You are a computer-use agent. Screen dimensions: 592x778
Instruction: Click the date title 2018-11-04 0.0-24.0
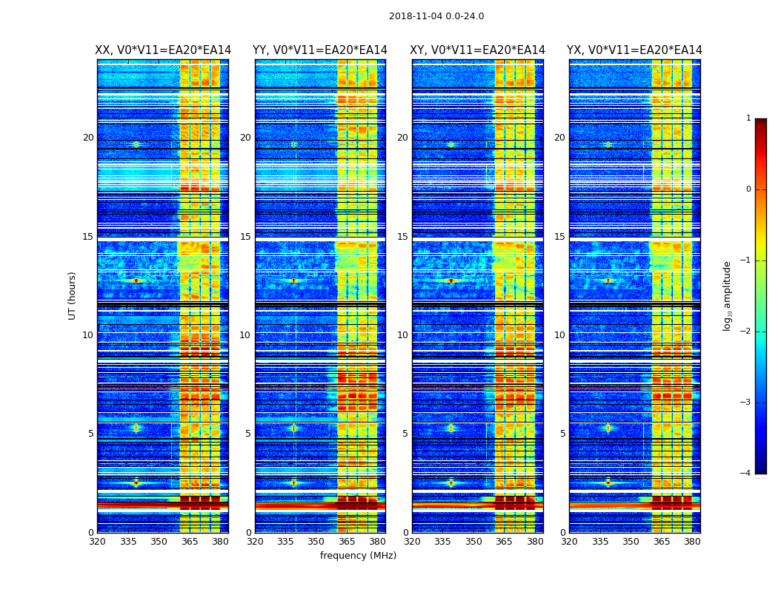click(x=436, y=16)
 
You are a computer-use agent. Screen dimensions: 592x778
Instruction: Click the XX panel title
click(x=163, y=50)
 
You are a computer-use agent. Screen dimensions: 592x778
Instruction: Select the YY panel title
click(x=320, y=50)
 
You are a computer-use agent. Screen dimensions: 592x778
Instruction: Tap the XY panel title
click(x=478, y=50)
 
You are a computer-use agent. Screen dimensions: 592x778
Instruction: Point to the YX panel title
click(x=634, y=50)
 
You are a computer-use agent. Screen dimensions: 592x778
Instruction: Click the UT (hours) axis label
click(x=72, y=295)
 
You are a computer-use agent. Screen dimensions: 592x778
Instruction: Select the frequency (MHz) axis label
click(x=358, y=556)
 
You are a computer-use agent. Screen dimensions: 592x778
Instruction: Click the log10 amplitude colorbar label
click(x=728, y=295)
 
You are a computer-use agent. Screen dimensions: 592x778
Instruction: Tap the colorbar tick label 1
click(x=748, y=118)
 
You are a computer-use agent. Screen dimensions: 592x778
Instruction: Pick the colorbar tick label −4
click(x=746, y=474)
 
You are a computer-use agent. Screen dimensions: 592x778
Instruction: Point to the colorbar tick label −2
click(x=746, y=332)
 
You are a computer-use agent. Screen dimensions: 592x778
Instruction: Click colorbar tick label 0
click(x=748, y=189)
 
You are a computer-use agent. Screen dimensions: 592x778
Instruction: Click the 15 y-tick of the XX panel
click(x=88, y=237)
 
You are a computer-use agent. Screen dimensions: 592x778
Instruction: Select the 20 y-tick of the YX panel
click(x=559, y=138)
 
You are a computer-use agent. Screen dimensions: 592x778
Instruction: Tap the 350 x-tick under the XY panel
click(x=473, y=542)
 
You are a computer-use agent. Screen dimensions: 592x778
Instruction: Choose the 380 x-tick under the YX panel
click(x=692, y=542)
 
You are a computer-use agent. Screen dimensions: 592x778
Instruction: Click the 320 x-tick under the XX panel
click(x=98, y=542)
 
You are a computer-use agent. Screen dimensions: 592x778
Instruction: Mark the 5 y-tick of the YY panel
click(x=248, y=434)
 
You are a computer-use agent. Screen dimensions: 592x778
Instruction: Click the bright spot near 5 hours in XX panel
click(x=136, y=428)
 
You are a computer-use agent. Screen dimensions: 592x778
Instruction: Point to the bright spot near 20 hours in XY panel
click(x=450, y=144)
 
